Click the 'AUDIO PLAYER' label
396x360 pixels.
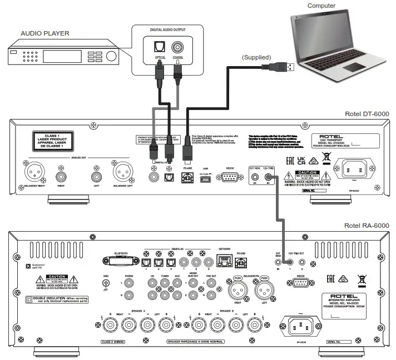coord(44,33)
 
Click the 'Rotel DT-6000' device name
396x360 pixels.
coord(364,114)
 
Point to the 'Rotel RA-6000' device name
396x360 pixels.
coord(364,224)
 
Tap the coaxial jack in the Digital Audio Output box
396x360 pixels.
coord(178,48)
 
